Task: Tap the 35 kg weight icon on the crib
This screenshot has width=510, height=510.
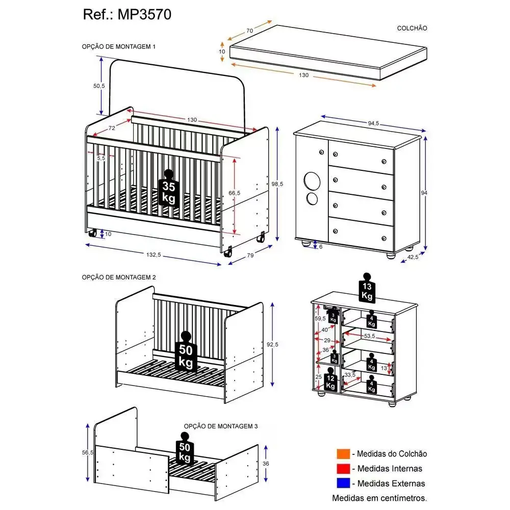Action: [x=169, y=189]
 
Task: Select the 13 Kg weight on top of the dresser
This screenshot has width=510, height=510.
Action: [x=367, y=289]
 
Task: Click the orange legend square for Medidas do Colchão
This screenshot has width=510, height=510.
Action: [x=342, y=454]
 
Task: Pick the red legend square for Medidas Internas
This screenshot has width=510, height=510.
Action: [x=342, y=468]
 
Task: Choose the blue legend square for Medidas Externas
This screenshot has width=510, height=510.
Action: [x=342, y=482]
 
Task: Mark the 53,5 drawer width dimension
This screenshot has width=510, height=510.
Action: [x=370, y=336]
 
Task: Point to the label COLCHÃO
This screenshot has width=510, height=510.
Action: [x=412, y=29]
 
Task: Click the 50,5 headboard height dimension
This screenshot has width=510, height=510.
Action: [x=98, y=86]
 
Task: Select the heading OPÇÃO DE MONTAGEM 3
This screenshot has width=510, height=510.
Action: [x=221, y=426]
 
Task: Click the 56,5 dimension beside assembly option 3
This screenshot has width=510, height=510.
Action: [x=88, y=452]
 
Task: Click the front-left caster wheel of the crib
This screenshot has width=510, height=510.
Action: [x=93, y=234]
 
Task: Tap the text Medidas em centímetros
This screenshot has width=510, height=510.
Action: [x=379, y=497]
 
